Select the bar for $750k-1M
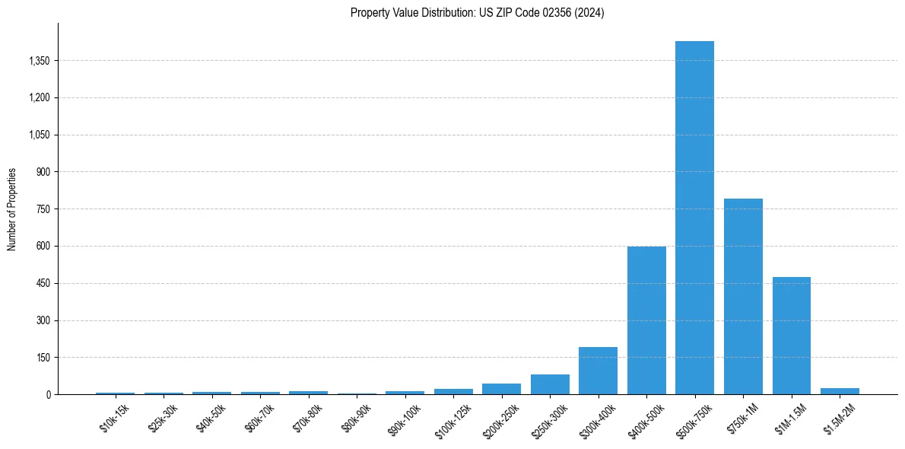743,297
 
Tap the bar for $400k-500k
646,320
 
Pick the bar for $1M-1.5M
791,336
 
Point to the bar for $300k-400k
598,371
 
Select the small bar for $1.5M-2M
840,391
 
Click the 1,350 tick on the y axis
39,61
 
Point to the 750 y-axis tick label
43,209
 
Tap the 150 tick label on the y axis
43,358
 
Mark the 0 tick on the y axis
48,395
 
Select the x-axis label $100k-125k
453,420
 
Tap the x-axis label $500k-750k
694,420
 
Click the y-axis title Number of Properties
11,209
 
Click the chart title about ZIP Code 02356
477,12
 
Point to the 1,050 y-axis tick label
39,135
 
